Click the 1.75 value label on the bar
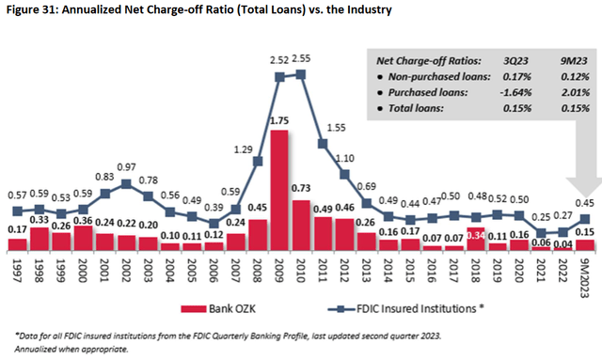[278, 120]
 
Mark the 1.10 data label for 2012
[344, 159]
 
